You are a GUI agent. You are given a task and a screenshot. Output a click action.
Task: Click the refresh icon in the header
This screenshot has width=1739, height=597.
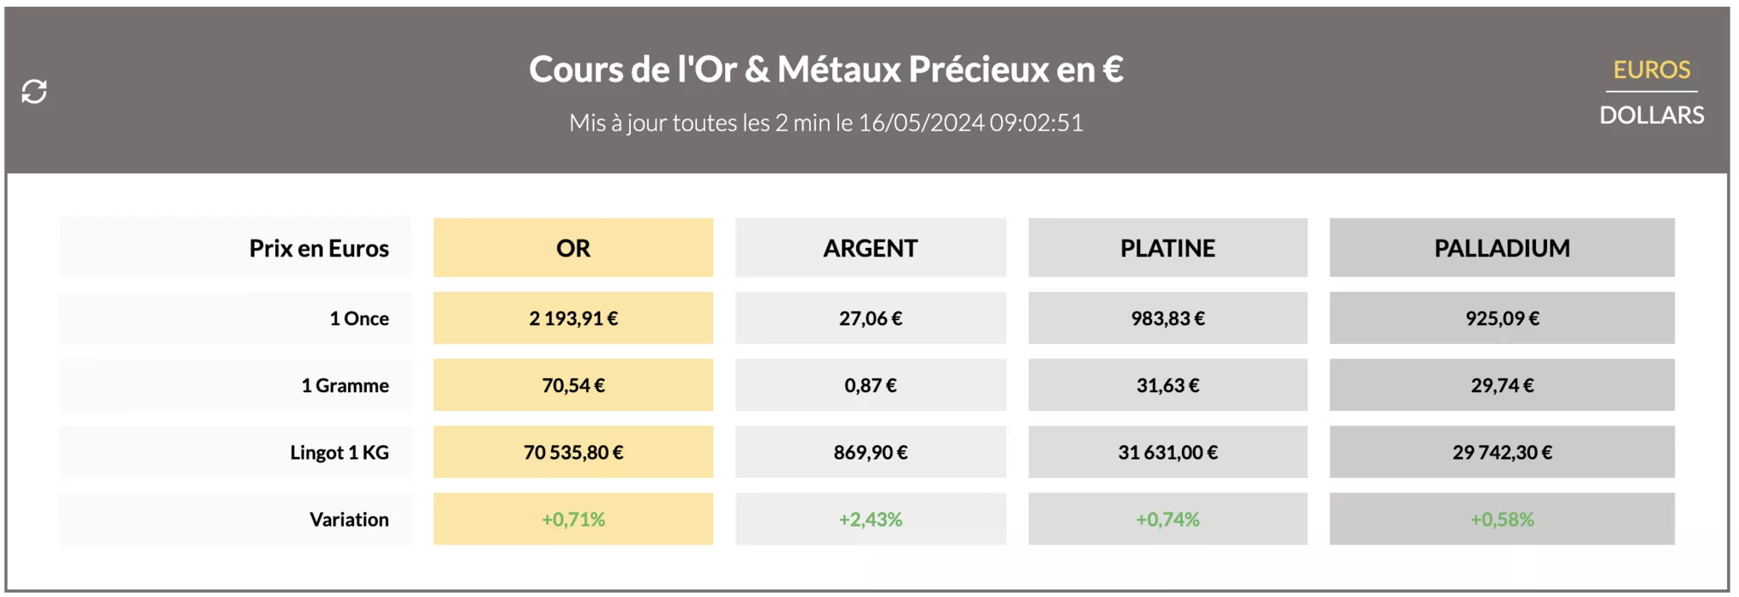[x=34, y=91]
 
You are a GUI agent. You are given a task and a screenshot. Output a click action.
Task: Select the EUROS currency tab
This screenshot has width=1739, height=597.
[x=1651, y=70]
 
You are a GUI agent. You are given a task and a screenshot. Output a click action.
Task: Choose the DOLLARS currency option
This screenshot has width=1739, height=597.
[x=1651, y=115]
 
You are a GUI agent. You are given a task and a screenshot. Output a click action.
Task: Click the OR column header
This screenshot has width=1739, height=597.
[x=573, y=248]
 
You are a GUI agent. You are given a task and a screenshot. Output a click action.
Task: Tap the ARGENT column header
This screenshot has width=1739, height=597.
[x=870, y=248]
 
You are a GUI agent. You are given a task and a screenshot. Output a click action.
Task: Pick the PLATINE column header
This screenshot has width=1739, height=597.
[x=1168, y=248]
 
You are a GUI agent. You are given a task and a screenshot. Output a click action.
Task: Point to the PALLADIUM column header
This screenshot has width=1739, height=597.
[x=1501, y=248]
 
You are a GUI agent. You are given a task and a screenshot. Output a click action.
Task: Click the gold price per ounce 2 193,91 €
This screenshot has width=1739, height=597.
[x=573, y=318]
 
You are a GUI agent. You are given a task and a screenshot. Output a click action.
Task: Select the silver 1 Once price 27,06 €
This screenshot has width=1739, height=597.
[x=870, y=318]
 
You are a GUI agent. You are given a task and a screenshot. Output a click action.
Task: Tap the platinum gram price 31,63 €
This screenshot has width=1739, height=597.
[x=1168, y=386]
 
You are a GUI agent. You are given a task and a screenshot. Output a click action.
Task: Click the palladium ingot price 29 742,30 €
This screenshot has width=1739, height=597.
[x=1501, y=453]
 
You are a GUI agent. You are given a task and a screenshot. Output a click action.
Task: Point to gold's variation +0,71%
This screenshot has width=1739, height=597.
[x=573, y=520]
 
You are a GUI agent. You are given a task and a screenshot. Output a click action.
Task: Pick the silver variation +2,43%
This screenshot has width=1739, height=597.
[x=870, y=520]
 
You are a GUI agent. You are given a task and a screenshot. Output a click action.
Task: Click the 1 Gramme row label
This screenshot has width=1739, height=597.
[x=345, y=386]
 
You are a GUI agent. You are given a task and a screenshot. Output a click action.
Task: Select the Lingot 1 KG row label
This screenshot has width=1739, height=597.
[x=339, y=453]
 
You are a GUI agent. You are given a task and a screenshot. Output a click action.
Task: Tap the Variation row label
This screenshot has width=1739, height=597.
[x=348, y=520]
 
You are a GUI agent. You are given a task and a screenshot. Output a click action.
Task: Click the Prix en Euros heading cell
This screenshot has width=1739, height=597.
[x=318, y=248]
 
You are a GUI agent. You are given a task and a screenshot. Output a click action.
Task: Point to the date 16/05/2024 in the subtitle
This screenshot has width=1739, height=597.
[x=920, y=123]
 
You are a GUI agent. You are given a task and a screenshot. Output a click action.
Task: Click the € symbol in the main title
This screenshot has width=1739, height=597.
[x=1112, y=70]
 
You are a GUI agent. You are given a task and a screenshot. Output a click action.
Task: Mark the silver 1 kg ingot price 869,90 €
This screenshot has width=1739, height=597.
[x=870, y=453]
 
